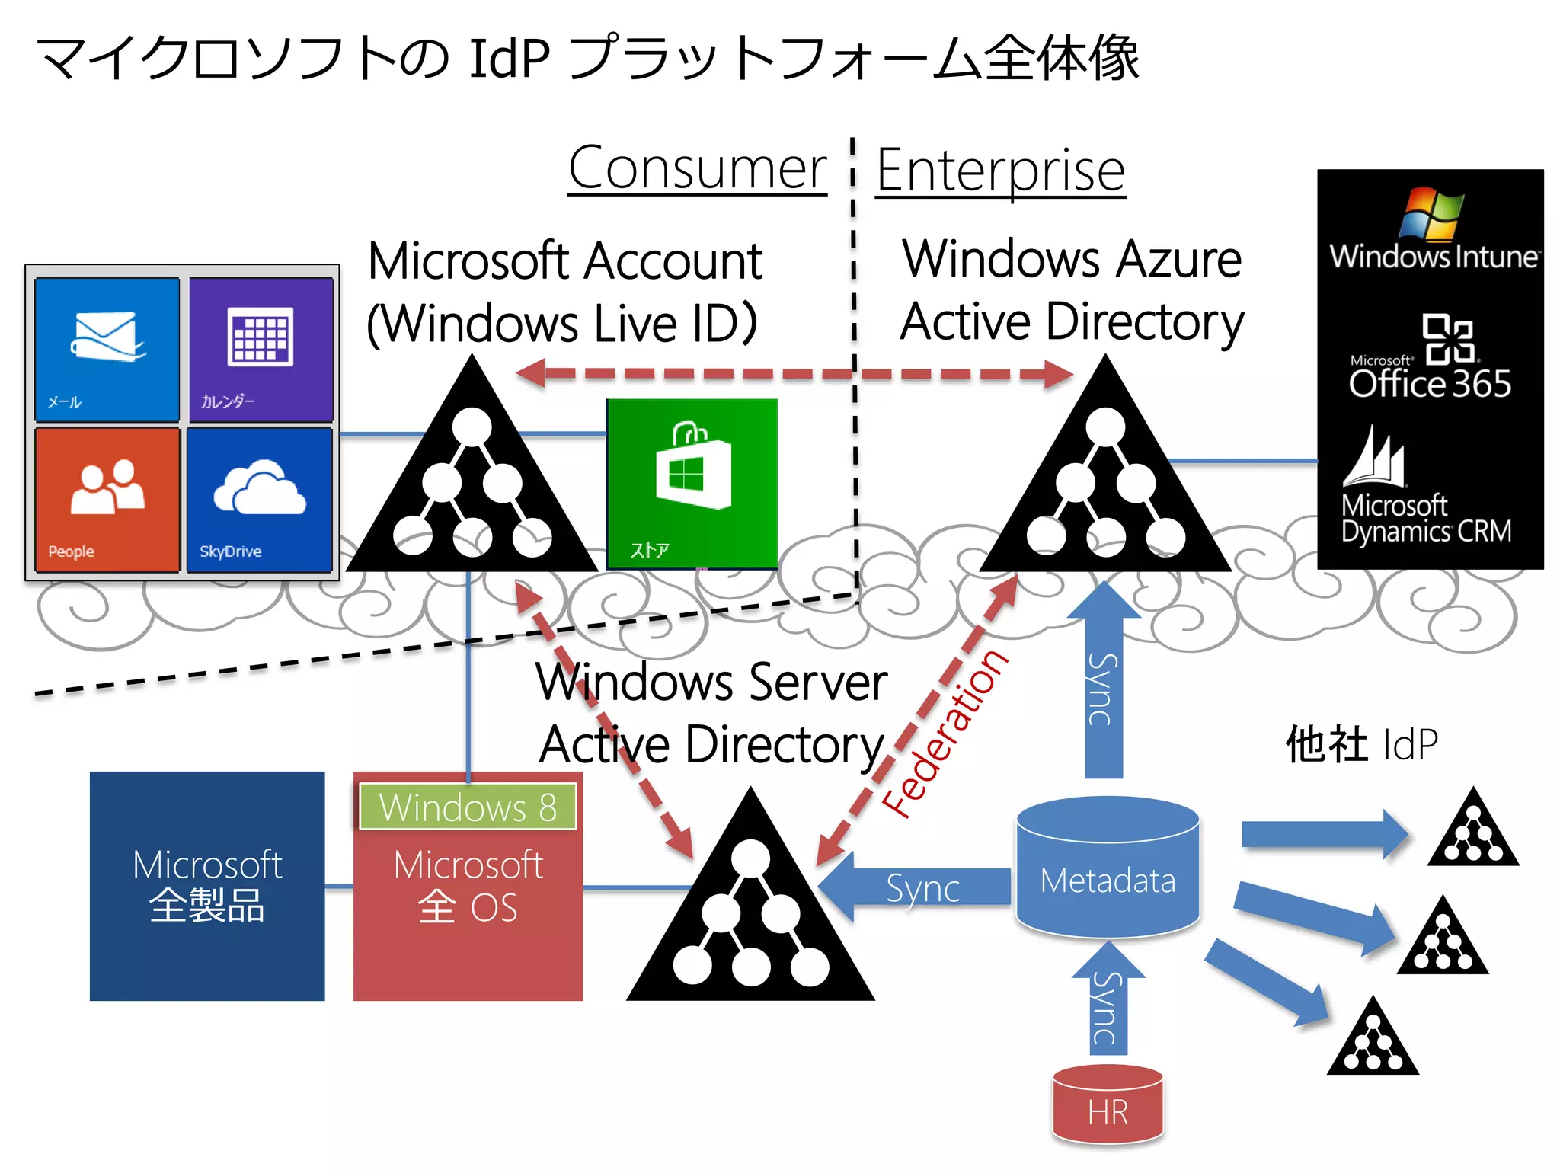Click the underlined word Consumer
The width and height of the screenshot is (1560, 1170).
697,169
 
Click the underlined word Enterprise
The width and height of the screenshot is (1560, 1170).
1000,171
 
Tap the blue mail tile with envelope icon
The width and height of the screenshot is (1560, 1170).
107,349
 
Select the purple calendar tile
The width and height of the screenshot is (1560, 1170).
261,349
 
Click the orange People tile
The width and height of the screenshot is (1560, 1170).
107,499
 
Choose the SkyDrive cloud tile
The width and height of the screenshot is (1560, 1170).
259,499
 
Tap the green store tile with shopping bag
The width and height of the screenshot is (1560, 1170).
692,483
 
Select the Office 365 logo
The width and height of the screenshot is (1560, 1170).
1430,358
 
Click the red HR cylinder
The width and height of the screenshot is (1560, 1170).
1108,1104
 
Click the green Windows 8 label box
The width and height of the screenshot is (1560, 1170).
468,807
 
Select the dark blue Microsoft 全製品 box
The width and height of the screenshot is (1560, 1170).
207,886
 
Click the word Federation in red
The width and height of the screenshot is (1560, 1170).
945,733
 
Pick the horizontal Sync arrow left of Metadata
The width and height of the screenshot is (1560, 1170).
914,887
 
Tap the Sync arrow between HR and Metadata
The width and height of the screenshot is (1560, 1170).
1108,1002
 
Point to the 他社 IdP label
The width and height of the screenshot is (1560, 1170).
1361,744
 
